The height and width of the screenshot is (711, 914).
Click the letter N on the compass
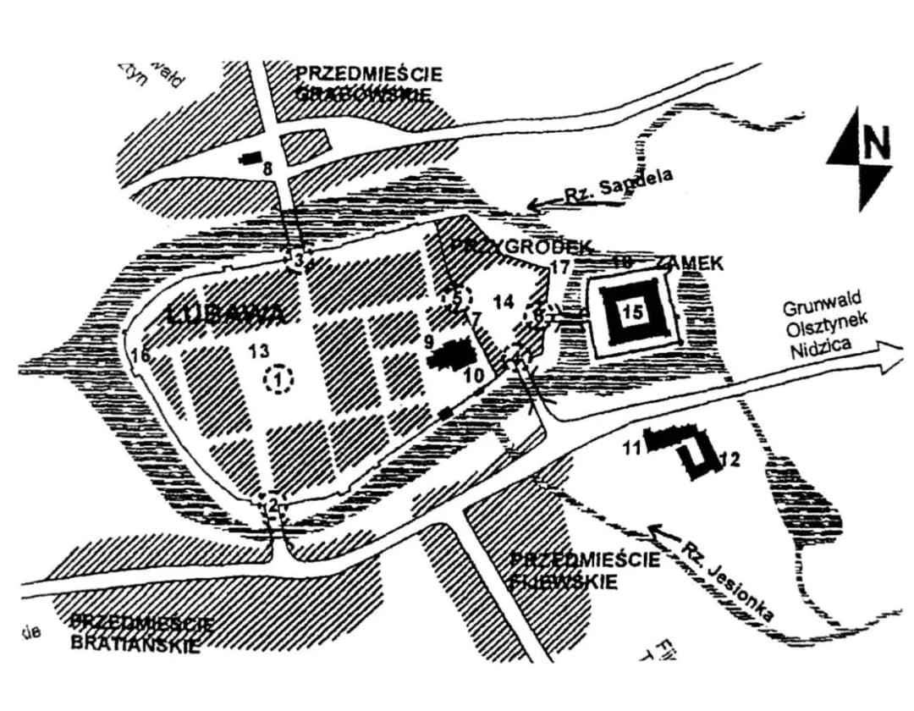[x=877, y=144]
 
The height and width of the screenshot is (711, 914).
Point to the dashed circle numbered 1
[x=278, y=379]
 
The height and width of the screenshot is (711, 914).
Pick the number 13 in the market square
[x=259, y=350]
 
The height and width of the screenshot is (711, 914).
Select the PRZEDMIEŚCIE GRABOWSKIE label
[x=369, y=85]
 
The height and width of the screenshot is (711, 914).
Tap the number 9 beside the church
[x=429, y=341]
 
